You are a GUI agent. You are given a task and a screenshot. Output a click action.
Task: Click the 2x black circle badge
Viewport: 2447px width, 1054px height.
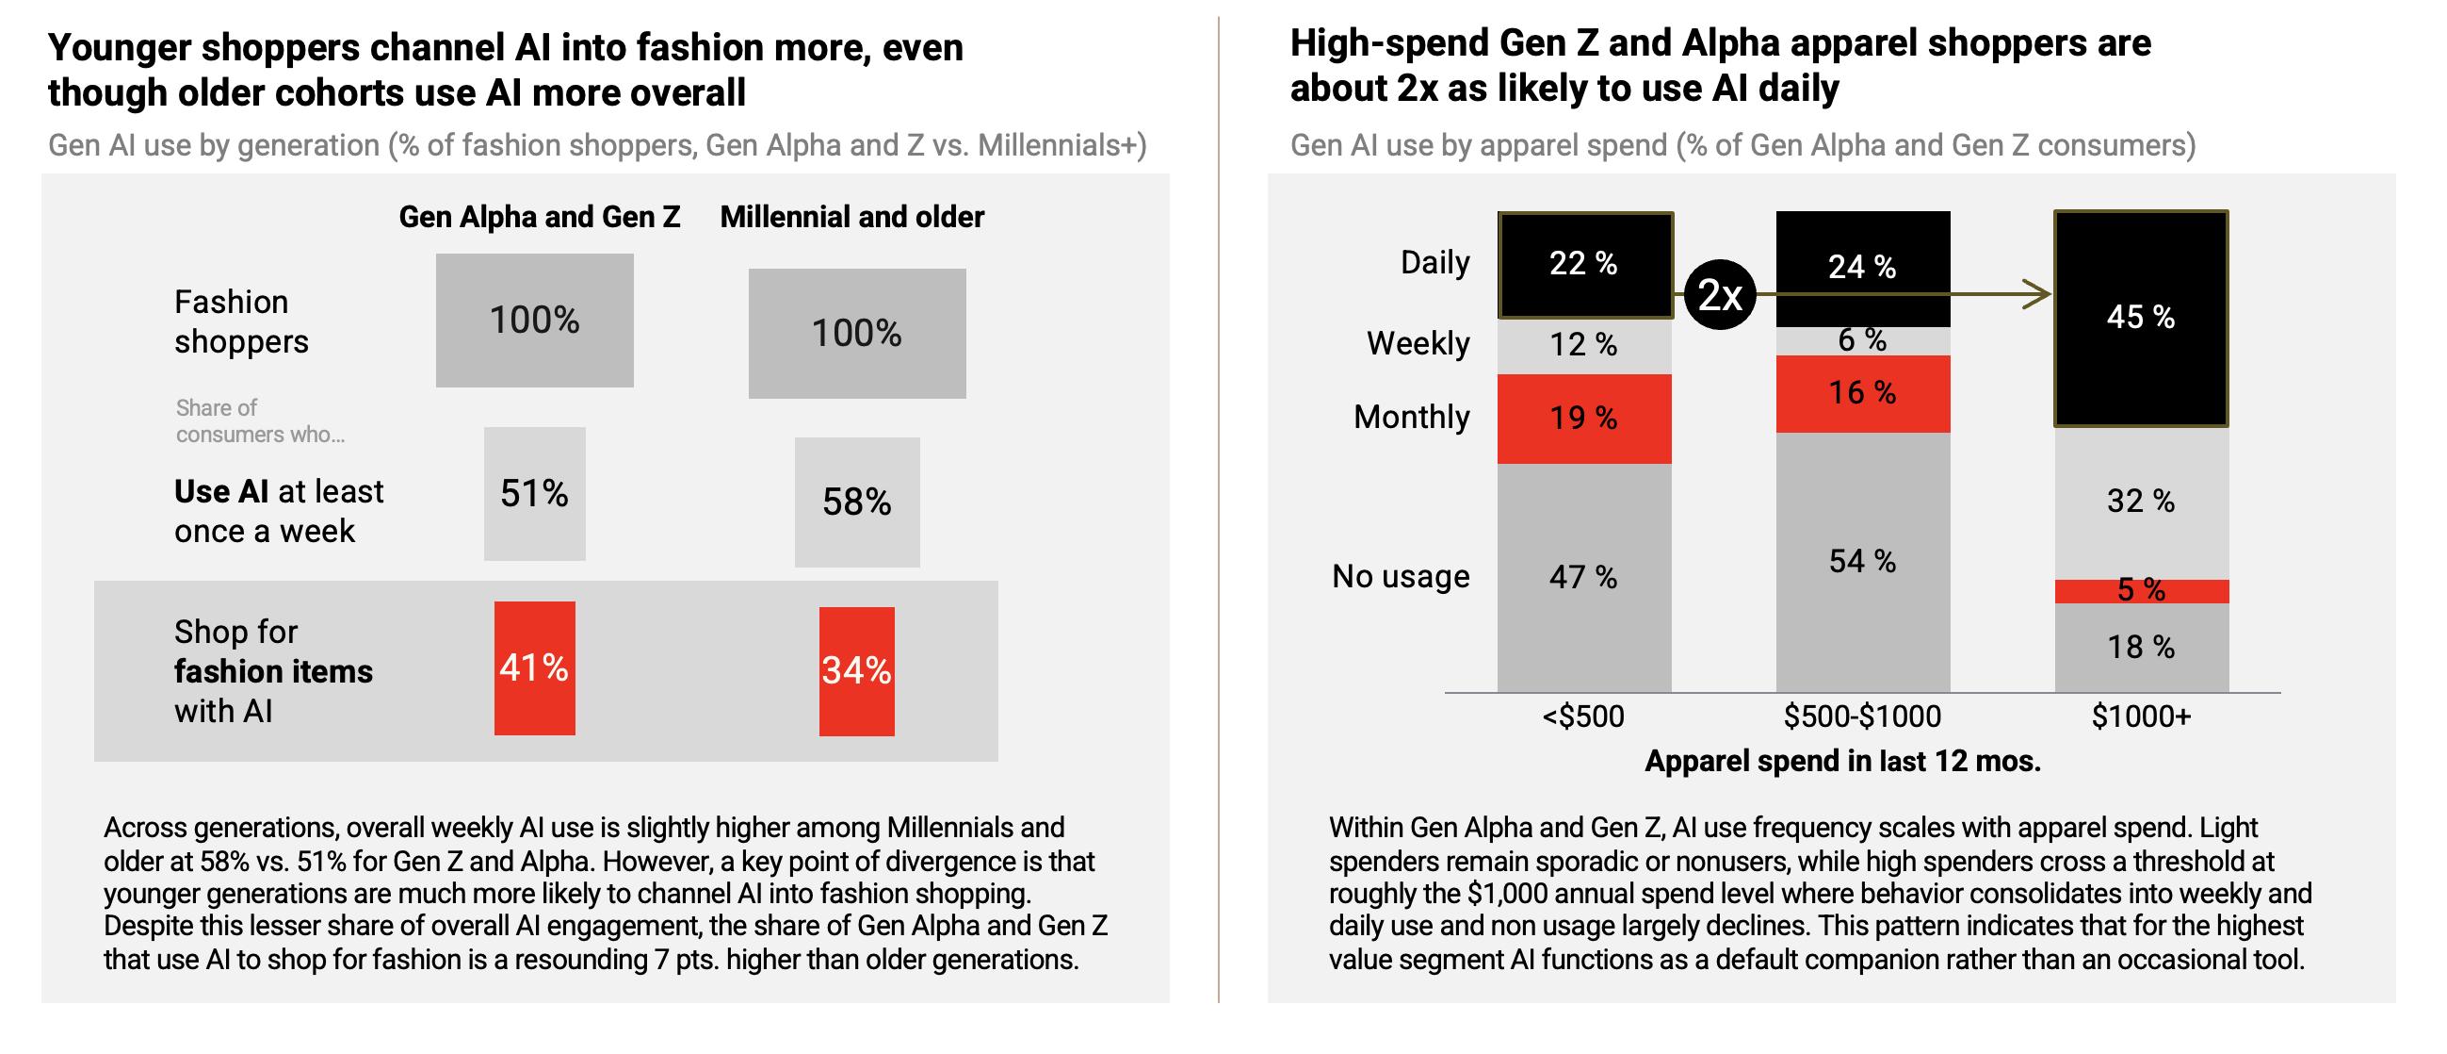pos(1719,295)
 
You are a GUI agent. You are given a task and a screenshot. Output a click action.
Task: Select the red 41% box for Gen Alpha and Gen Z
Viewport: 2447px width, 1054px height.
pos(534,668)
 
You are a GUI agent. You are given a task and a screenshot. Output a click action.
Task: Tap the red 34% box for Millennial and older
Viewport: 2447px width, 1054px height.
pos(856,671)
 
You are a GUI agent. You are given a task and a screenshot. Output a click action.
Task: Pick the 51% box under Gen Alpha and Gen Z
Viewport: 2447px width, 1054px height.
pos(534,493)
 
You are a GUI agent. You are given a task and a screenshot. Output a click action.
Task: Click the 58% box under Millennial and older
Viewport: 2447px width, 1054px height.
pos(856,502)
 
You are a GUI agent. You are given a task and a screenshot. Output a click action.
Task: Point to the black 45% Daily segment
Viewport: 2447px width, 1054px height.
pos(2140,318)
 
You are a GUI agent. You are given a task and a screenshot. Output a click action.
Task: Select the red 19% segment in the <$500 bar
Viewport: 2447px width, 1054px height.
pos(1583,419)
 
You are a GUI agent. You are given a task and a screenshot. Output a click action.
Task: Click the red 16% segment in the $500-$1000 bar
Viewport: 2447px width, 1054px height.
pos(1862,393)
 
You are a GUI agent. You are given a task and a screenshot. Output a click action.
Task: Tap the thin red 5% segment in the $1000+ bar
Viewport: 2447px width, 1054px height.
pos(2140,591)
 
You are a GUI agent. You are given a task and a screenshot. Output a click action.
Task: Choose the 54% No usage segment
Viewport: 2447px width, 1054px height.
pos(1862,562)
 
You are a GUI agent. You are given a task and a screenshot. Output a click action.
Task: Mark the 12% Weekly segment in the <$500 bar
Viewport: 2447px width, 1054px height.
pos(1583,344)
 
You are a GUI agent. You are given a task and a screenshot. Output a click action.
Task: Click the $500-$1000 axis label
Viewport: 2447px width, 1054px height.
pos(1862,716)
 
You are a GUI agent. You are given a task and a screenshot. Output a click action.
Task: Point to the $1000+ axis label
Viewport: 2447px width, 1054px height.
pos(2140,716)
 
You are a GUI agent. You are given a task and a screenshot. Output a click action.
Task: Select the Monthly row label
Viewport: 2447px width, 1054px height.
pos(1412,418)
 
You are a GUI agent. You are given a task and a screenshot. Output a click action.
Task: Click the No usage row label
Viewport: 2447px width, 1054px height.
pos(1401,576)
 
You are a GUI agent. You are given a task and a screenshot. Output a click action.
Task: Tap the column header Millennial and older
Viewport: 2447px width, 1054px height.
pos(851,217)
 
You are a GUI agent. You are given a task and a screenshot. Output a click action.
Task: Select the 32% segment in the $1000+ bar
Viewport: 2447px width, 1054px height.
pos(2140,502)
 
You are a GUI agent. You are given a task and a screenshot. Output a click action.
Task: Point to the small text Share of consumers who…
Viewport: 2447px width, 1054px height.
pos(259,421)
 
